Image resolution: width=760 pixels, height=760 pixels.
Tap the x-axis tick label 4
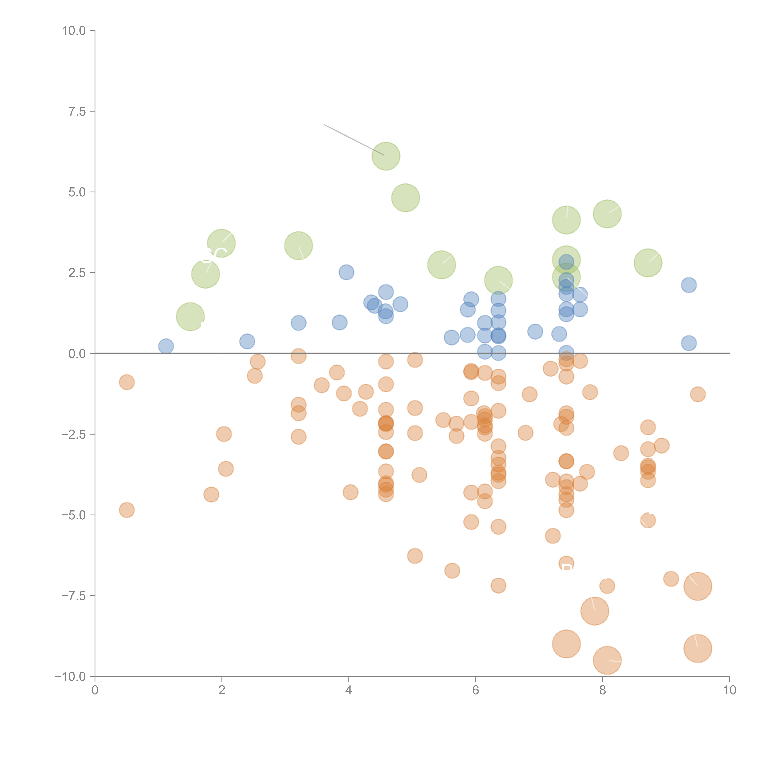click(x=349, y=690)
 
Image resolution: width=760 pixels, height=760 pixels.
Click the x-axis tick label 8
click(x=602, y=690)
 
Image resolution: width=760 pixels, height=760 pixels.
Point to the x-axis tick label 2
click(x=222, y=690)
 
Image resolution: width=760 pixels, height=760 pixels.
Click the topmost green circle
click(x=385, y=156)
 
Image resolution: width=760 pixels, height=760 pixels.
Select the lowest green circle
click(x=190, y=317)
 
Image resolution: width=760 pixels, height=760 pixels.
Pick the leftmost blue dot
click(x=166, y=346)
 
